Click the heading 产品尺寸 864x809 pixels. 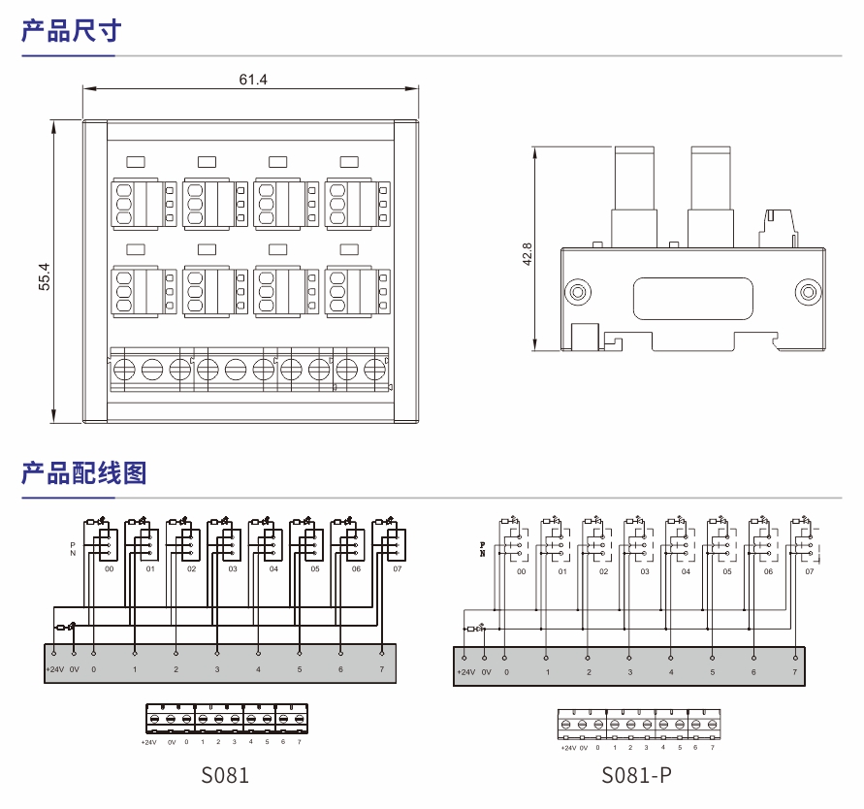(71, 31)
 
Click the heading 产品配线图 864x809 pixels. (83, 473)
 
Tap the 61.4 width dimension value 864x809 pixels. (252, 79)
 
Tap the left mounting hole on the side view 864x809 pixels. (577, 292)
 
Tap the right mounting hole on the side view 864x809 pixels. (806, 292)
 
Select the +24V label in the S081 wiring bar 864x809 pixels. (54, 670)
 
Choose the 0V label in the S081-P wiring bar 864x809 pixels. (486, 672)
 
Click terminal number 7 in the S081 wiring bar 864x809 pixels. (381, 670)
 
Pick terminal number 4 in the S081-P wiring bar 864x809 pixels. (671, 672)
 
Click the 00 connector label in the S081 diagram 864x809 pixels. (110, 569)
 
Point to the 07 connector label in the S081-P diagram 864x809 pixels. (810, 572)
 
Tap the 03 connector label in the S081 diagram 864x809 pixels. (233, 569)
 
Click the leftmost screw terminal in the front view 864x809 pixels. (125, 370)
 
